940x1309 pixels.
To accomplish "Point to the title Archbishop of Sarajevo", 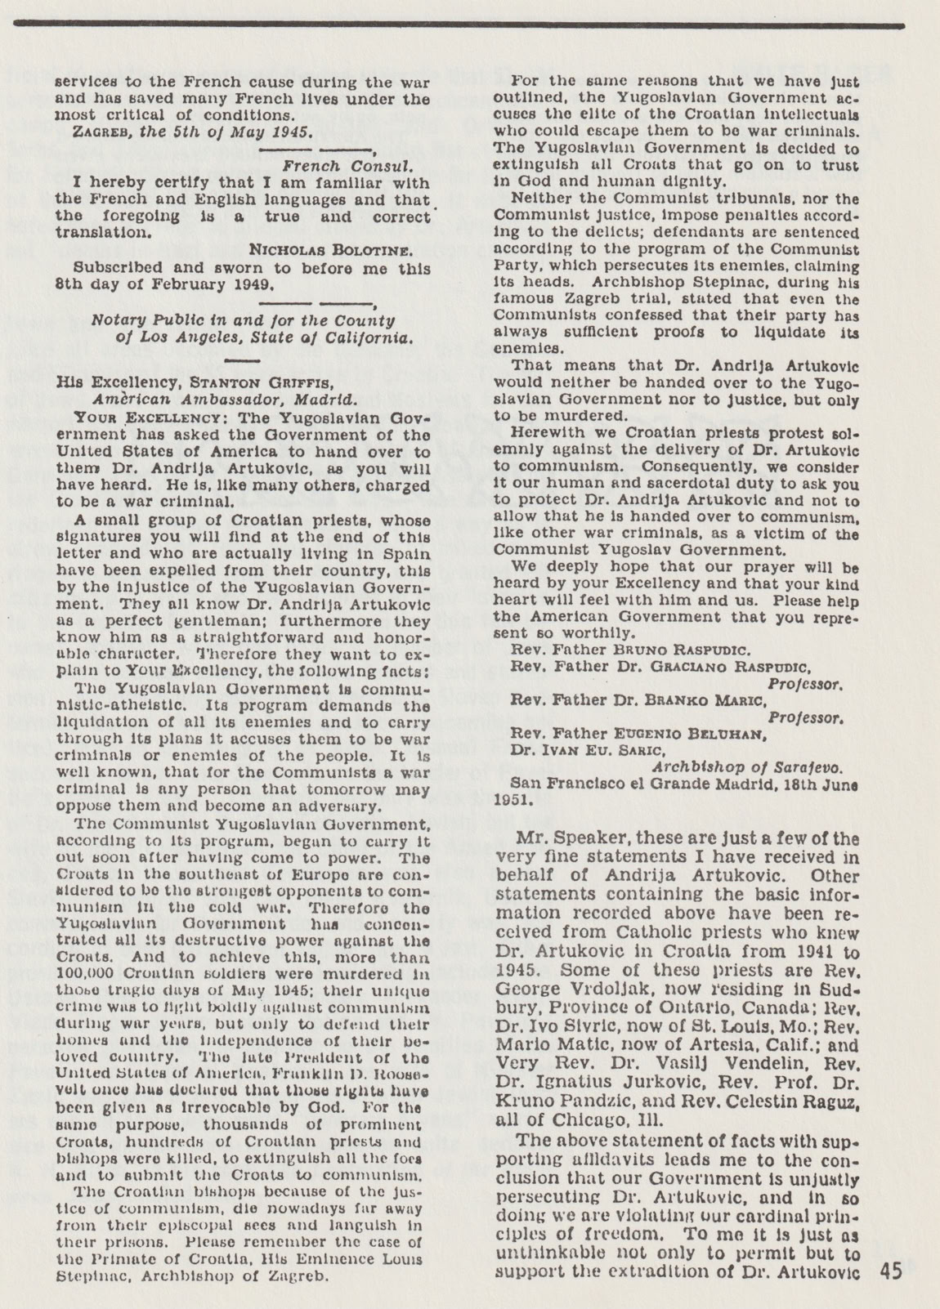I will [x=747, y=767].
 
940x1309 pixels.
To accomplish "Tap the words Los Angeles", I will [x=181, y=337].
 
